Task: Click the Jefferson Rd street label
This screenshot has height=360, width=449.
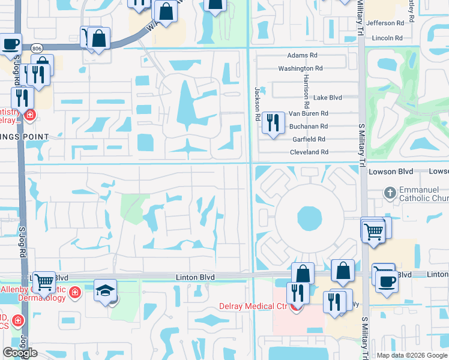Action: point(385,23)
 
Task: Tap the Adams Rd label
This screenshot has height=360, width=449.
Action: point(302,55)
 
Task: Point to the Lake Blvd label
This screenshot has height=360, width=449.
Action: point(327,97)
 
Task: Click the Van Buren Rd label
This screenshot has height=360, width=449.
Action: point(309,113)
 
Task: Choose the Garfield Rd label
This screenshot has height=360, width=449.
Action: point(309,139)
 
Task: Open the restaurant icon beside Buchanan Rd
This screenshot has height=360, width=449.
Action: point(273,123)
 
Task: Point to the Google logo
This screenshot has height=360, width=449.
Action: point(20,353)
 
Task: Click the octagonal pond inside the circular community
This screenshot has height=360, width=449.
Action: point(309,219)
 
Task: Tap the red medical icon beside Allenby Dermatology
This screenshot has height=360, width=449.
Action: point(75,293)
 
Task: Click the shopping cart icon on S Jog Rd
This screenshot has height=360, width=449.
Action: point(43,281)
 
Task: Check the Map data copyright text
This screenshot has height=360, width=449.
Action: point(411,355)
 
